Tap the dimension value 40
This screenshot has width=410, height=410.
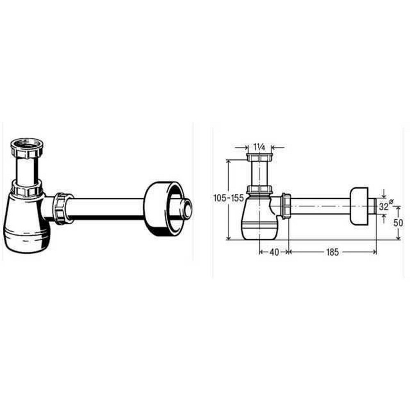click(274, 252)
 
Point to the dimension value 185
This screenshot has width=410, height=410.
click(333, 252)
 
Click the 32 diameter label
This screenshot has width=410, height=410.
click(383, 207)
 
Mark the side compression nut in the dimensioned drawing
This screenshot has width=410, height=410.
click(286, 206)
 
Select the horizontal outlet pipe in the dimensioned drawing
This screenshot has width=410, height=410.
click(320, 206)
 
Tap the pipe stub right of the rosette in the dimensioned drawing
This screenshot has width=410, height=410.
click(373, 206)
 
